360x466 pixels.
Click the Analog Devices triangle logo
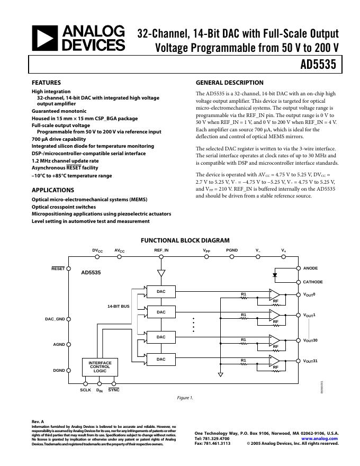click(45, 39)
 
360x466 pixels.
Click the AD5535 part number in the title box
click(318, 65)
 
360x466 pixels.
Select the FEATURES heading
click(47, 83)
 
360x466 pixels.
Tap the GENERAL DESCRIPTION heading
click(230, 83)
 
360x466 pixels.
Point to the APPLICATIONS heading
click(53, 190)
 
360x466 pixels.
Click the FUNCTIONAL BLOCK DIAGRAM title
click(185, 240)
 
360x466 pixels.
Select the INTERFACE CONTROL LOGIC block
click(100, 367)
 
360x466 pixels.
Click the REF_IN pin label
click(161, 250)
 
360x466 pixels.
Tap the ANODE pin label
click(311, 268)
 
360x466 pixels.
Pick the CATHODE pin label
click(313, 282)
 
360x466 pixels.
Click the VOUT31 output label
click(310, 361)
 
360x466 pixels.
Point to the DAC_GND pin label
click(55, 319)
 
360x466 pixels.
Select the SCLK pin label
click(85, 390)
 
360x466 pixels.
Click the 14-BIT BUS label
click(119, 306)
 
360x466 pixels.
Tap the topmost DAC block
click(161, 291)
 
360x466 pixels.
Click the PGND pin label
click(232, 250)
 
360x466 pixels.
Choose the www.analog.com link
click(320, 438)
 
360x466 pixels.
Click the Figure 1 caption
click(185, 398)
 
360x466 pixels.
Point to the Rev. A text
click(38, 422)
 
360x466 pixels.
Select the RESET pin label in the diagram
click(58, 268)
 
